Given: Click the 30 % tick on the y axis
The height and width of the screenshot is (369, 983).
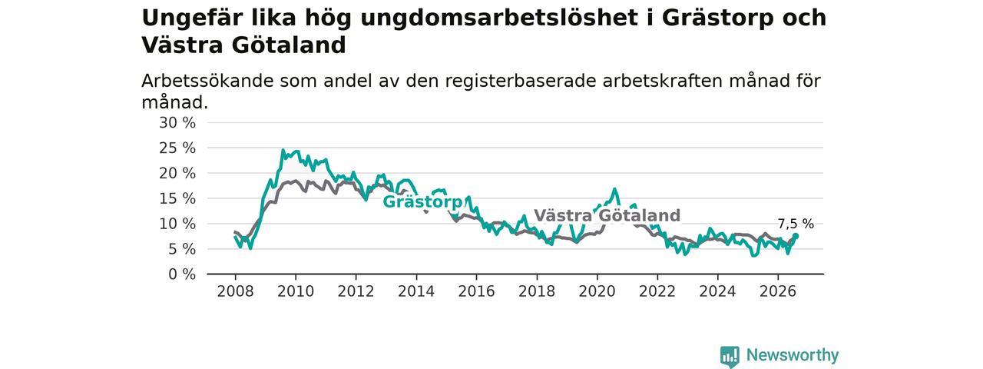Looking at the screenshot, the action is pos(177,123).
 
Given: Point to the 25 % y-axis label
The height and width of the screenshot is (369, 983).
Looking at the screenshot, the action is pos(177,148).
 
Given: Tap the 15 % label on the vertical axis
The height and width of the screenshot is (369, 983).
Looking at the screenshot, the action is pos(177,198).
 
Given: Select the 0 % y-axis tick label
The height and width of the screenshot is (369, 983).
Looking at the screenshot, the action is pos(182,274).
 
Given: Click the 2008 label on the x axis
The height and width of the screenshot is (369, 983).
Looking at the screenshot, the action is pos(235,291).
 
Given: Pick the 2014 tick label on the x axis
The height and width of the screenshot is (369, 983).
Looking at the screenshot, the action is pos(416,291).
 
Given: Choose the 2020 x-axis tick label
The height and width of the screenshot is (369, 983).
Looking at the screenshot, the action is pos(597,291).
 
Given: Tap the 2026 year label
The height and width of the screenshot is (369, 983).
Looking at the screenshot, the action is pos(778,291).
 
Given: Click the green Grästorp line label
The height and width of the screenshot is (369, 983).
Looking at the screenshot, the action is pos(422,202).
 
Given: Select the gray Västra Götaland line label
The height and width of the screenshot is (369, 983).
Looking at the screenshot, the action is pos(607,216).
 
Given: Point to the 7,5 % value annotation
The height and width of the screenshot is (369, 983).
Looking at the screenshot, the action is pos(796,224).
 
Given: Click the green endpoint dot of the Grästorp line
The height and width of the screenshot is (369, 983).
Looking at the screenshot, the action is pos(796,236).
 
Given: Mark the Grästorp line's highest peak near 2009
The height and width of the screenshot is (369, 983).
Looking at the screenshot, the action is pos(283,150).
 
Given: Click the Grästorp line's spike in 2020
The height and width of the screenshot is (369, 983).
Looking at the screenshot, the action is pos(614,189).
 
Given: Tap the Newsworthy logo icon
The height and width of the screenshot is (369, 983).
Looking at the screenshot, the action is pos(730,356).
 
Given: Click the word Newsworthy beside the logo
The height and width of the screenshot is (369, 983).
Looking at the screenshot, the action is pos(793,355).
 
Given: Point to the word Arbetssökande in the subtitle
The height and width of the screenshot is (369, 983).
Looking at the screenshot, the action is pos(208,81).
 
